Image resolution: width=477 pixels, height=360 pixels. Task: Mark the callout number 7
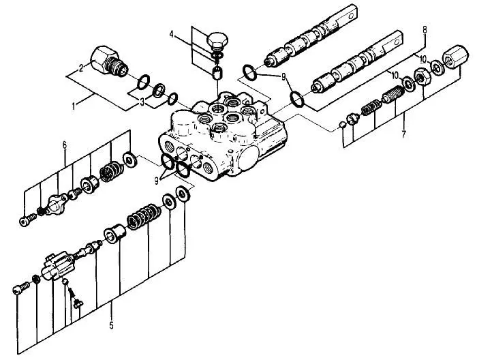[x=403, y=134]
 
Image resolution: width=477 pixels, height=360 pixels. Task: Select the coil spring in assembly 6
[x=109, y=173]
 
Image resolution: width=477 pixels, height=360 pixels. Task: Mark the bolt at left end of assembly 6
[x=28, y=220]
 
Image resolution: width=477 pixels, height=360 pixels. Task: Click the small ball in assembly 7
[x=342, y=125]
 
